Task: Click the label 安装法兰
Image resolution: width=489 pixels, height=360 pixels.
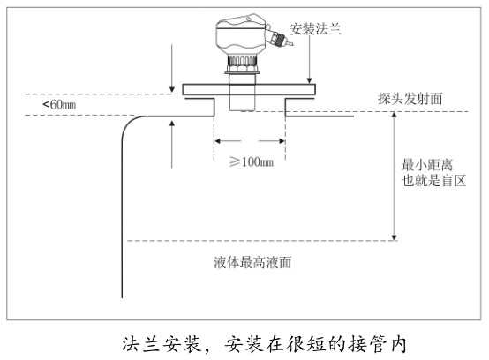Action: pos(315,29)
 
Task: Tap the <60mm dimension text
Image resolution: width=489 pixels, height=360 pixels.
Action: pos(59,104)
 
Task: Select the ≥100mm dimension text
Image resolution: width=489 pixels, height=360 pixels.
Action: pos(252,161)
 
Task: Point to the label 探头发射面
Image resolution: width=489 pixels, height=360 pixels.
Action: pos(410,99)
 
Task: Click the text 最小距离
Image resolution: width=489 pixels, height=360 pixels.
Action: pos(427,165)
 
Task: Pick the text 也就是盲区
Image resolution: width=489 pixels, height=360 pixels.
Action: pos(433,181)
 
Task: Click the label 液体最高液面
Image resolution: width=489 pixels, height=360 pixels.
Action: pos(252,262)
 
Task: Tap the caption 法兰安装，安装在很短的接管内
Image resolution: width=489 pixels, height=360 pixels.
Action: pos(264,344)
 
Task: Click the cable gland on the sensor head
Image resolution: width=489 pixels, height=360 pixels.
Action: pos(279,38)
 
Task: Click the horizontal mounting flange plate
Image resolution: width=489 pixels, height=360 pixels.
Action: pos(249,89)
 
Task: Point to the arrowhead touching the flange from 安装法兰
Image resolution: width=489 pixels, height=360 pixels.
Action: pos(309,80)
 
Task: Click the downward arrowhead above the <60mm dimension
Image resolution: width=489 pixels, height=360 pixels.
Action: pos(172,89)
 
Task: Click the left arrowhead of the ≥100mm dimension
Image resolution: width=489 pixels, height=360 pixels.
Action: pos(218,141)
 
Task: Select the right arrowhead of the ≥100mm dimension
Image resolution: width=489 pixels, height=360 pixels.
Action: pos(282,141)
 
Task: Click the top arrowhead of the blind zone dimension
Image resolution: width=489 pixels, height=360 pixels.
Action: pos(395,116)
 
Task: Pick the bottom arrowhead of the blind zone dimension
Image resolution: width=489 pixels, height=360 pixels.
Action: pos(395,237)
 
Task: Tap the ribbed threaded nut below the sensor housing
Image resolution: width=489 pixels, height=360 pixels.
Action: pos(243,64)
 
